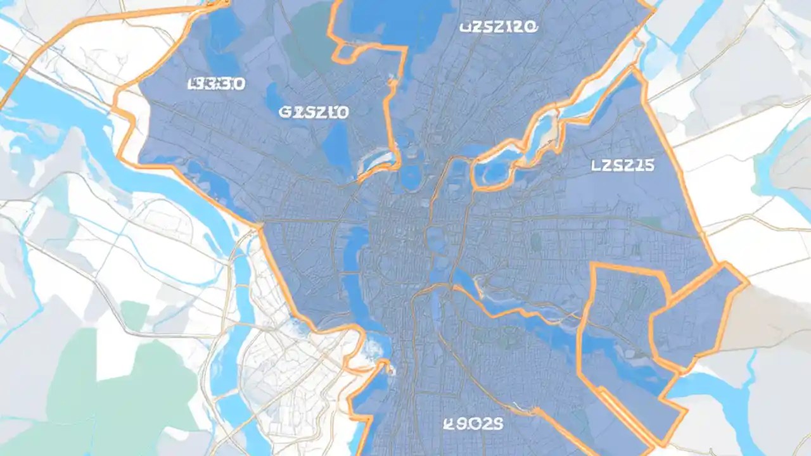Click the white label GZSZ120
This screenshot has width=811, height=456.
tap(498, 27)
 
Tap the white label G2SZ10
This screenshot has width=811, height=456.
tap(314, 113)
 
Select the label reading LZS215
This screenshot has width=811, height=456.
tap(622, 166)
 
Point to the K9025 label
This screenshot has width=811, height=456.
tap(473, 424)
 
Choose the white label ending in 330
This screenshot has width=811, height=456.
tap(217, 84)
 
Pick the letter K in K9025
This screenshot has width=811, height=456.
tap(449, 424)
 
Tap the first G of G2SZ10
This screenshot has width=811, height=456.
tap(285, 113)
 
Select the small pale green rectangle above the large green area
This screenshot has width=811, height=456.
tap(134, 315)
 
